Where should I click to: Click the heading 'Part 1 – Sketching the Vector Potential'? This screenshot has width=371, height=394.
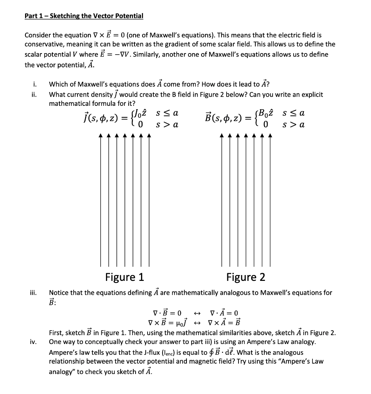84,16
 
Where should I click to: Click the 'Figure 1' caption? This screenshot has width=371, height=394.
124,277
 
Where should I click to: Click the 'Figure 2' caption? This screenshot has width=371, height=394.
245,277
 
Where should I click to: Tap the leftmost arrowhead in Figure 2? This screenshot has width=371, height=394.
222,135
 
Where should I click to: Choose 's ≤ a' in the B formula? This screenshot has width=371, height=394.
293,114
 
